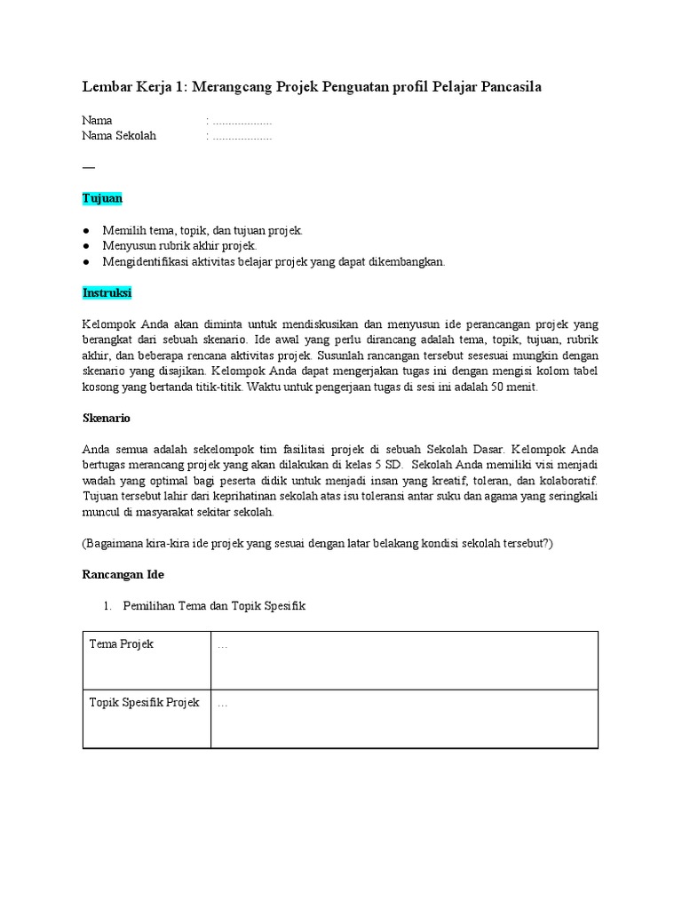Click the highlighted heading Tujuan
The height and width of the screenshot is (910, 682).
[x=102, y=198]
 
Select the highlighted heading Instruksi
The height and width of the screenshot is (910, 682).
[x=107, y=292]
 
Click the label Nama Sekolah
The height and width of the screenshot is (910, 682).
[x=119, y=136]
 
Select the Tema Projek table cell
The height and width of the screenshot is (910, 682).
[x=122, y=644]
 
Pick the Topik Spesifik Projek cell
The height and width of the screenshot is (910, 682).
[x=144, y=703]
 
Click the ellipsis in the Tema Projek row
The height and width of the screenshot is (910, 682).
[x=222, y=645]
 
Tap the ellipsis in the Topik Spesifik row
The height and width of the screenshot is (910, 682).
[x=222, y=704]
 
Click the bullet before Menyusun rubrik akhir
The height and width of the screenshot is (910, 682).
[x=87, y=246]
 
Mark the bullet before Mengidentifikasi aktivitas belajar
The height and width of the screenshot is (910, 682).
[x=87, y=262]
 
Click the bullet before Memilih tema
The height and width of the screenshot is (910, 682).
[x=87, y=230]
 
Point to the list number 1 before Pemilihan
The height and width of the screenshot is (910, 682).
[x=107, y=606]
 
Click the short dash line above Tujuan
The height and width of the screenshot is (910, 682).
[x=87, y=166]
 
